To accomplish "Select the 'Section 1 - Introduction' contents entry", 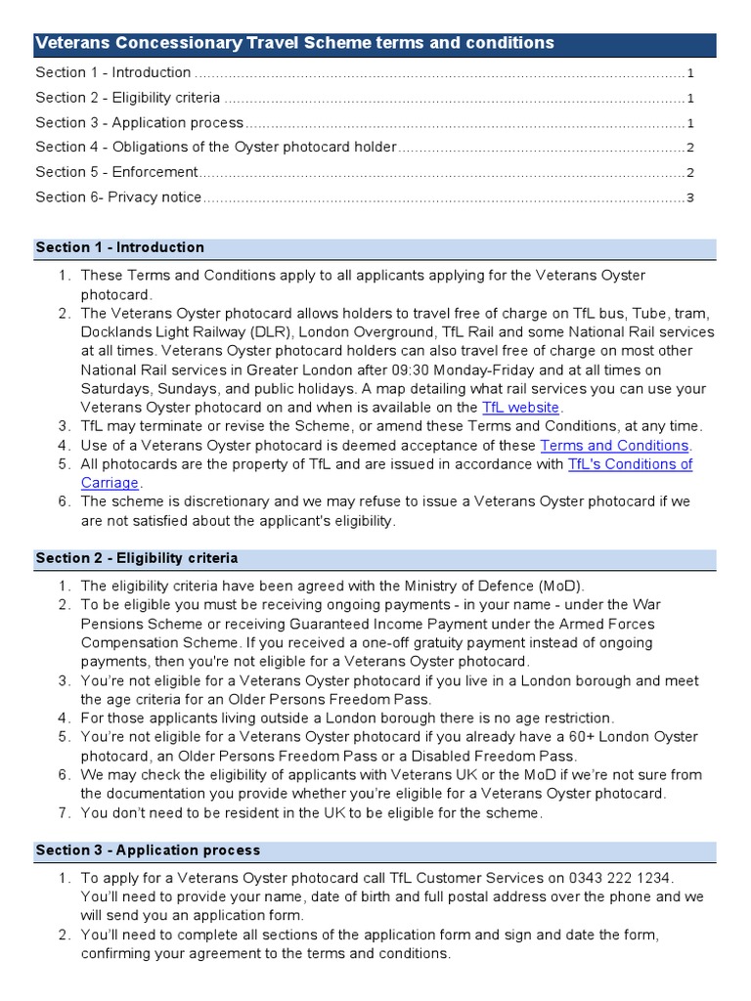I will pyautogui.click(x=113, y=73).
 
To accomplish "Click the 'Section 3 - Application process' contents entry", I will pyautogui.click(x=140, y=123).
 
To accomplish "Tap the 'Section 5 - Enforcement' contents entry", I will pyautogui.click(x=116, y=172).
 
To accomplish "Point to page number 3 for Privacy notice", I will pyautogui.click(x=690, y=197).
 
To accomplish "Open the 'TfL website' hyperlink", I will pyautogui.click(x=521, y=408).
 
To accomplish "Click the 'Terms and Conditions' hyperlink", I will pyautogui.click(x=614, y=446).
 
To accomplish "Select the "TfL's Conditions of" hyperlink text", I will pyautogui.click(x=630, y=464).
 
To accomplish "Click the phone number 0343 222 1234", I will pyautogui.click(x=627, y=878).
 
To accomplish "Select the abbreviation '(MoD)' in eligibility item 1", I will pyautogui.click(x=560, y=587).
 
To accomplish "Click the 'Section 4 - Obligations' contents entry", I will pyautogui.click(x=216, y=148).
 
